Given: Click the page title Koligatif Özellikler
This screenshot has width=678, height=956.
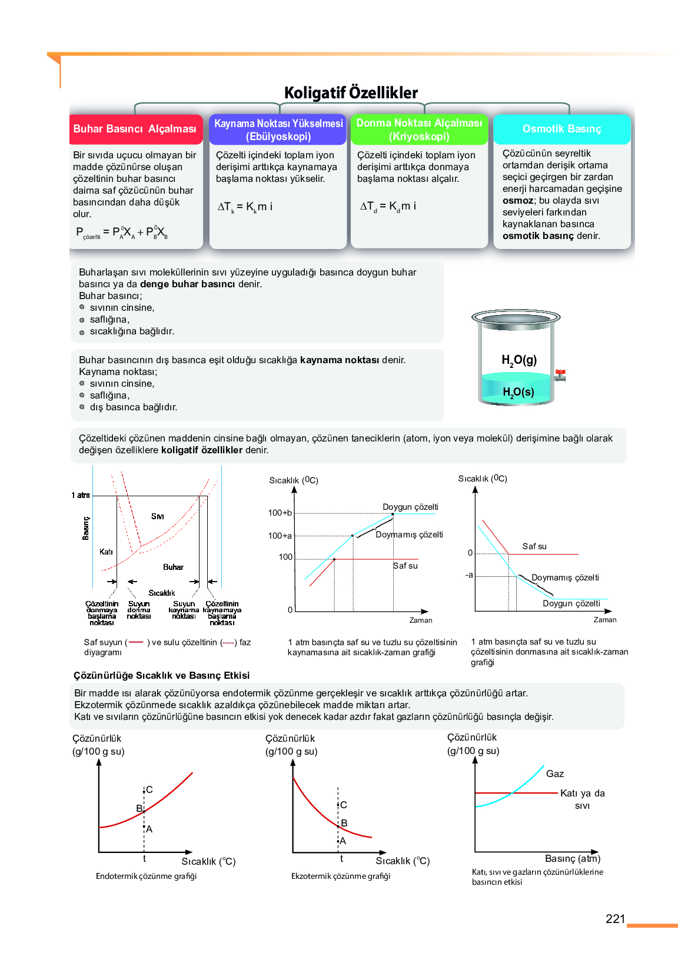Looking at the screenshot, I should click(x=351, y=93).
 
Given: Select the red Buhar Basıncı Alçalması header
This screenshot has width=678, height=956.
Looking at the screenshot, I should click(x=135, y=129).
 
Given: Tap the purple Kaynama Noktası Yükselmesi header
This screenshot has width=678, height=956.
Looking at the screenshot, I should click(x=278, y=130).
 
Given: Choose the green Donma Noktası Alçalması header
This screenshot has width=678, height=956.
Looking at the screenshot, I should click(x=419, y=130).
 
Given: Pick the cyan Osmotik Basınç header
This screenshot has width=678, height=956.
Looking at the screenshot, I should click(x=561, y=129).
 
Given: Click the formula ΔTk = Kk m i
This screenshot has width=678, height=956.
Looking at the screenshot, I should click(x=245, y=207).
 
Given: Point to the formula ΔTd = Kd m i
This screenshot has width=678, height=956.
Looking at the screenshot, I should click(x=388, y=206).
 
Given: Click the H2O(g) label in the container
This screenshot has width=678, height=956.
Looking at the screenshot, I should click(x=519, y=360).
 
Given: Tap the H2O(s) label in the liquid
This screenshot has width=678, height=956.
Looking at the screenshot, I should click(x=518, y=392).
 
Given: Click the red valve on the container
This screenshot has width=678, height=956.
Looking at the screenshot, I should click(x=560, y=374).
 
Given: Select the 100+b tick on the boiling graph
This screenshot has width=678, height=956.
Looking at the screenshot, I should click(x=280, y=513).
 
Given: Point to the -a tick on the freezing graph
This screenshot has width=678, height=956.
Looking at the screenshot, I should click(x=469, y=575).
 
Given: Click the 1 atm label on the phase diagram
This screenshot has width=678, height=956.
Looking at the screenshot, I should click(x=81, y=495).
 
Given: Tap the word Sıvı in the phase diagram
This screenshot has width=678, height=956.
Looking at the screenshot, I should click(x=157, y=516).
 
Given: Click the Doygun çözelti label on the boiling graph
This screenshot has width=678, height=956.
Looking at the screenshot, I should click(x=410, y=507).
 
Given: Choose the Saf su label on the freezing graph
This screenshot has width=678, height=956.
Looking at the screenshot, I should click(x=534, y=546).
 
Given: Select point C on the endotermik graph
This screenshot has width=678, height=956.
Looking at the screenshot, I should click(x=149, y=789).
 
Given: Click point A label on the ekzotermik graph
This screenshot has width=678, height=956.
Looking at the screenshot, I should click(x=343, y=841).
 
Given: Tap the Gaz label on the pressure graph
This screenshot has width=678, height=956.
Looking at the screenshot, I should click(x=554, y=774).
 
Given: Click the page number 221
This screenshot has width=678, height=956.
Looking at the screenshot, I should click(x=615, y=919).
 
